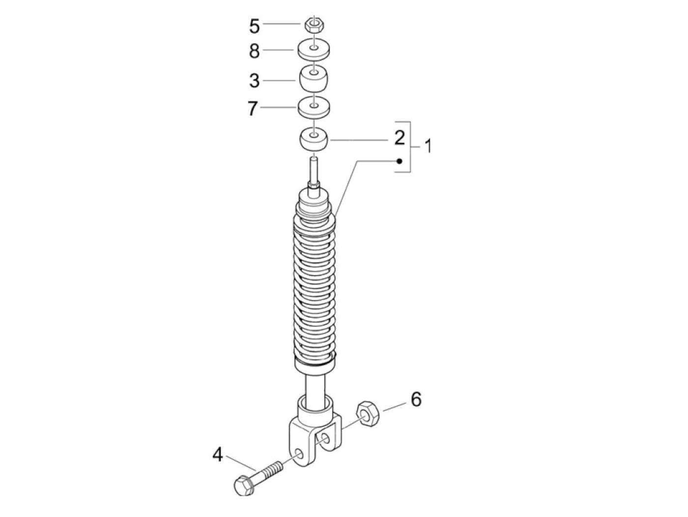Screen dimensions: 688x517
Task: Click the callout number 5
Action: point(254,26)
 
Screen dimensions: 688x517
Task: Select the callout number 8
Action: point(254,51)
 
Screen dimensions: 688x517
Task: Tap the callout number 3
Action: point(254,80)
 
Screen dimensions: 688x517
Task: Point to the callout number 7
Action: point(253,108)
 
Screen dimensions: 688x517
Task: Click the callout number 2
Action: point(400,138)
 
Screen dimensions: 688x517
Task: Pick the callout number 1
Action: point(428,146)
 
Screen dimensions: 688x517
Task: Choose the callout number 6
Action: point(416,400)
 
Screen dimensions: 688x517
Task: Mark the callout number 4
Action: point(217,455)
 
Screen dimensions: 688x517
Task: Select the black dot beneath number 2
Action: point(400,161)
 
